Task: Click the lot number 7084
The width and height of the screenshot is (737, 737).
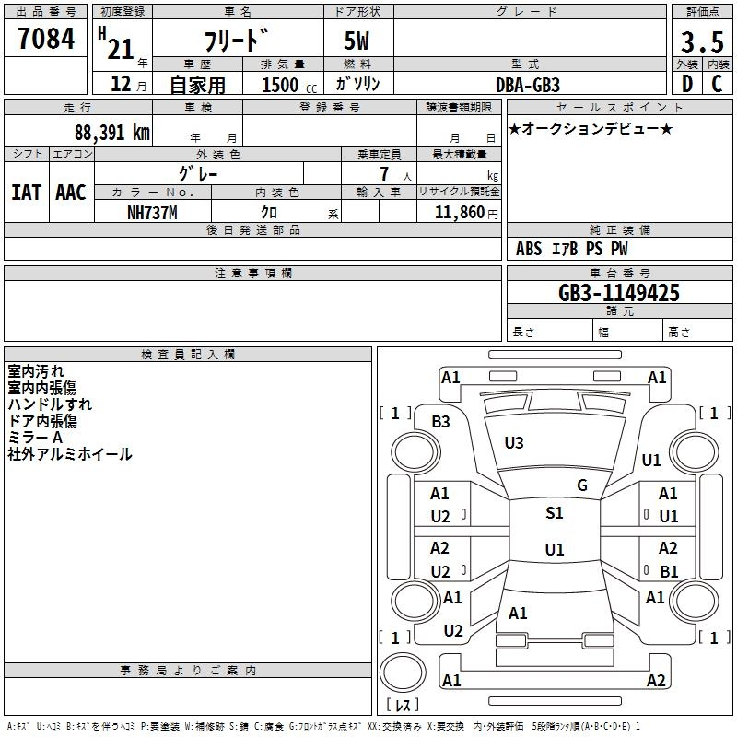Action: tap(46, 39)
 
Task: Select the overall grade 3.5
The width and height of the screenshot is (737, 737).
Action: tap(702, 42)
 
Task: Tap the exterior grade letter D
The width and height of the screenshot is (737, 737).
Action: tap(687, 84)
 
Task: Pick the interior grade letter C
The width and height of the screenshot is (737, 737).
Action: tap(717, 84)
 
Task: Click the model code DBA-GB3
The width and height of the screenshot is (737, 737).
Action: tap(528, 85)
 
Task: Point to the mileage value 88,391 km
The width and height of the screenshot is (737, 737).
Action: tap(111, 133)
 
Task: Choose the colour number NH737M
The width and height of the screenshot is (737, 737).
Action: tap(152, 213)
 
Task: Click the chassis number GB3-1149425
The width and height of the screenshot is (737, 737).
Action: tap(619, 293)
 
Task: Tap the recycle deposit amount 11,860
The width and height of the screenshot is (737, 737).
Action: tap(460, 213)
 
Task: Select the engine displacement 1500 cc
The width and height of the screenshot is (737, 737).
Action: tap(289, 85)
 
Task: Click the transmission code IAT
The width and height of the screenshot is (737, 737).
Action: tap(27, 193)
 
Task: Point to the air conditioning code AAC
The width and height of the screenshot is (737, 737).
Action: tap(71, 193)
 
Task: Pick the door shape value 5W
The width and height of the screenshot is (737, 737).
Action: tap(357, 41)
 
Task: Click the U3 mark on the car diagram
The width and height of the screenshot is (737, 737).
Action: tap(514, 443)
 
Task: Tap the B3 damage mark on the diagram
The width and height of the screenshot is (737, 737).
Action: tap(441, 422)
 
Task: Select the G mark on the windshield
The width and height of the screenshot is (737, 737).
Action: tap(582, 485)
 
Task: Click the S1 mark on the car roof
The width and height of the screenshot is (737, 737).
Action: tap(555, 513)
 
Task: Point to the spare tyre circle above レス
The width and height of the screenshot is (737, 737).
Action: tap(403, 673)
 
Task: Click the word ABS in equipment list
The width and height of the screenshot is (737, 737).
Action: tap(529, 249)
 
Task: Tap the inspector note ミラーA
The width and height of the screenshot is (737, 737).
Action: tap(35, 438)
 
